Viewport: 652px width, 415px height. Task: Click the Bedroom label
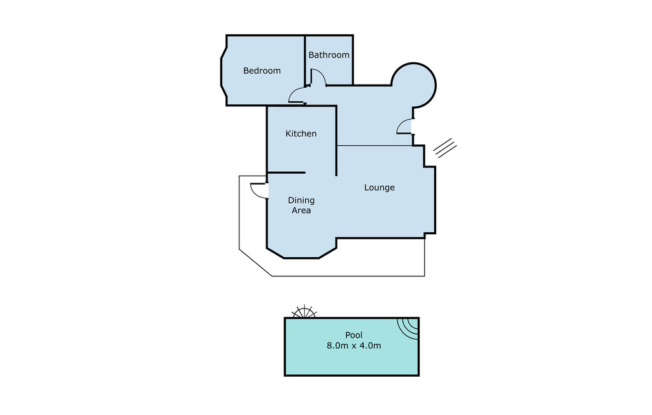tap(262, 71)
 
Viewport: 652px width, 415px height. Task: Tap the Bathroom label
tap(329, 55)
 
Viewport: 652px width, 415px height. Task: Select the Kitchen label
tap(301, 134)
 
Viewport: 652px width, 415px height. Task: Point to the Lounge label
tap(379, 188)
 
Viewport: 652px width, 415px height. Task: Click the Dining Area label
tap(301, 205)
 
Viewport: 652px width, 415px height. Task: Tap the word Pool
tap(354, 335)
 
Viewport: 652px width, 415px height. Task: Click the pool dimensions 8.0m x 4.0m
tap(354, 346)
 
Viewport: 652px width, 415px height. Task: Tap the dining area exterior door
tap(259, 191)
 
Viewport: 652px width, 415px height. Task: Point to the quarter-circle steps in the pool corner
tap(409, 327)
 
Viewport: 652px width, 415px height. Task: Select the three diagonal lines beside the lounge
tap(445, 148)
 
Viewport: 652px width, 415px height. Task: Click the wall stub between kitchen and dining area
tap(286, 172)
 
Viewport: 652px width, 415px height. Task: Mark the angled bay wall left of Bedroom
tap(223, 71)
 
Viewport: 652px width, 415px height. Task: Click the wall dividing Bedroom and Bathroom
tap(305, 60)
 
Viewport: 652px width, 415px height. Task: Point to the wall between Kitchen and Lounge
tap(336, 141)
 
